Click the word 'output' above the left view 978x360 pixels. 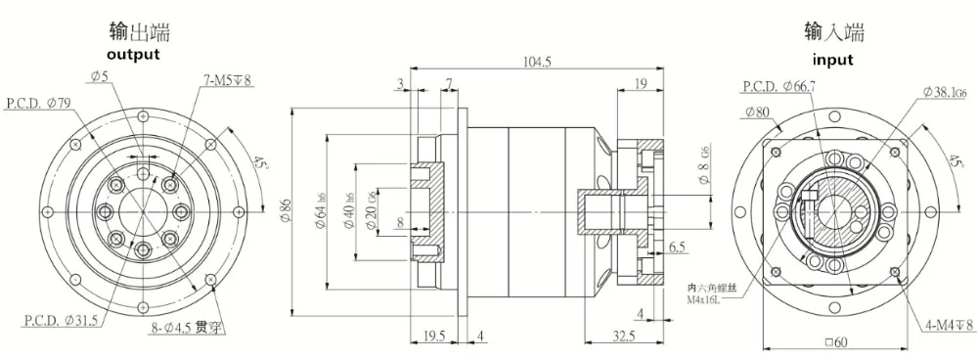[x=133, y=55]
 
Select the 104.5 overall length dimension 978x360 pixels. [x=538, y=61]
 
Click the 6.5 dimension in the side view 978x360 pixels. [x=678, y=248]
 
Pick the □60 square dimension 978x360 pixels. [x=835, y=343]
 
